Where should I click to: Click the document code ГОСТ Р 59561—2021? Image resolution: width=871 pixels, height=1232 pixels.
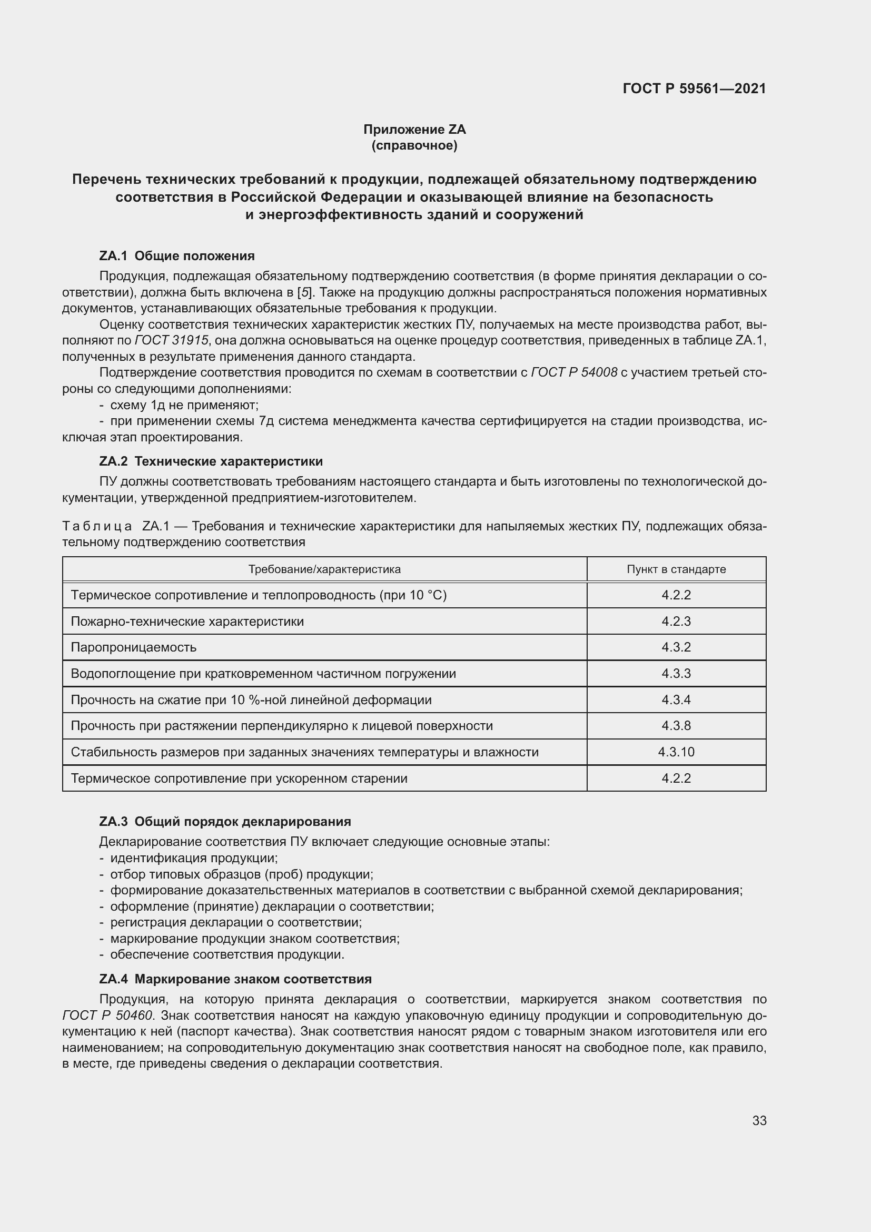(x=694, y=88)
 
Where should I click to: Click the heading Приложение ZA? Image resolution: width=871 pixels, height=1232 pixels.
(x=414, y=130)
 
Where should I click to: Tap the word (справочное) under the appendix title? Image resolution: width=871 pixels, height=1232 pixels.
(x=414, y=145)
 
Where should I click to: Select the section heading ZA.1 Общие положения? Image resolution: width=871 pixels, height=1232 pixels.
(x=177, y=256)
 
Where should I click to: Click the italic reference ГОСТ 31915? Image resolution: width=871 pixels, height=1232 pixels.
(x=171, y=341)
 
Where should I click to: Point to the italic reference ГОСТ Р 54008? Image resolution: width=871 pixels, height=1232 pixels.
(x=574, y=372)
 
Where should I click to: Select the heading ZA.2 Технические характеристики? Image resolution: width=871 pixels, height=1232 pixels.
(x=211, y=461)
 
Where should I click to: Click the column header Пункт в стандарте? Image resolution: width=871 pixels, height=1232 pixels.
(x=676, y=569)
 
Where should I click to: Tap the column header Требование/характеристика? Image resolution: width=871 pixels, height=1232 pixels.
(x=324, y=569)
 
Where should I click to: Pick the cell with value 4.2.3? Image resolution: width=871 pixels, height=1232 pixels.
(x=676, y=622)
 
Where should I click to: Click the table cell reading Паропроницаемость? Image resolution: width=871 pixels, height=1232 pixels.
(x=134, y=647)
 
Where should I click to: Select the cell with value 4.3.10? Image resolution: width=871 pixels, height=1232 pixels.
(x=676, y=752)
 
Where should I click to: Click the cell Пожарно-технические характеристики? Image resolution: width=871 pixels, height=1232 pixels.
(x=187, y=622)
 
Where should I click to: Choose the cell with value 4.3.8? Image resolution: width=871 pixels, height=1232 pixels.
(x=676, y=726)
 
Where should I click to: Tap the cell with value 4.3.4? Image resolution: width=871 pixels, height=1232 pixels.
(x=676, y=699)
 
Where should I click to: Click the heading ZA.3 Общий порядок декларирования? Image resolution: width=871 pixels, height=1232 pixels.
(x=225, y=822)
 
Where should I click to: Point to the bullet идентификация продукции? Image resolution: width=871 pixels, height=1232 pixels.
(x=194, y=858)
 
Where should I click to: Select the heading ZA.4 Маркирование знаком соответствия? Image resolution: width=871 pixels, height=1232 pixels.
(x=235, y=979)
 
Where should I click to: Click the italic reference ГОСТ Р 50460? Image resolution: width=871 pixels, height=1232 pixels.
(x=108, y=1015)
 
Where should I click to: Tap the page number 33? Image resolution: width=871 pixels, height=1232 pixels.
(x=759, y=1121)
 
